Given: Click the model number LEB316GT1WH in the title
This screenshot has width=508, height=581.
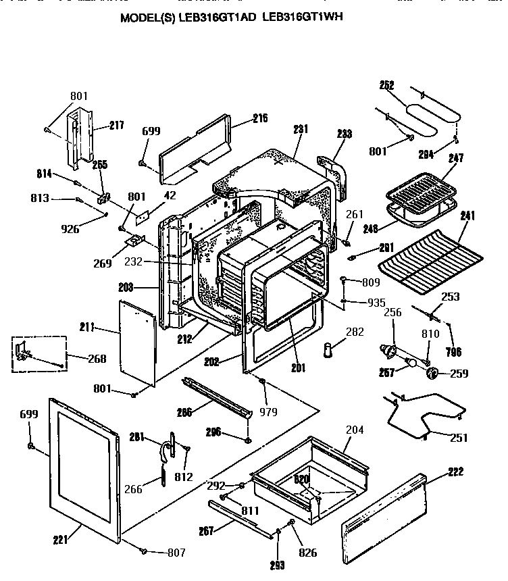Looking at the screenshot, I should (x=307, y=18).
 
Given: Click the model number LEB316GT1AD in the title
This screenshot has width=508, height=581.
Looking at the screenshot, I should (x=219, y=18).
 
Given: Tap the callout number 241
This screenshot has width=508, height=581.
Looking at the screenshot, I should (x=467, y=216).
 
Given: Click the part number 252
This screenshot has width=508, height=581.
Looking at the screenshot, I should (x=386, y=86).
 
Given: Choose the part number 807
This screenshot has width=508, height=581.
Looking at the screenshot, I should (x=176, y=552).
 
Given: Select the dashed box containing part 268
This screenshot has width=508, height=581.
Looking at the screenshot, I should (x=39, y=354).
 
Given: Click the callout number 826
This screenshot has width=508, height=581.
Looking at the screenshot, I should (x=307, y=553).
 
